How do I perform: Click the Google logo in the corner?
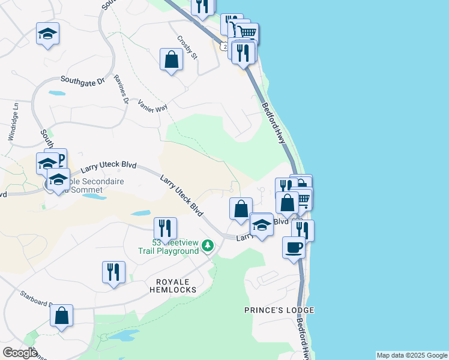click(x=20, y=353)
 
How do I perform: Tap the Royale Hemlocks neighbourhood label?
click(x=173, y=286)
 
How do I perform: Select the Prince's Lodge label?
click(x=279, y=310)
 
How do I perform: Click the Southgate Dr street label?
click(x=83, y=79)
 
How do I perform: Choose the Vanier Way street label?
click(x=152, y=105)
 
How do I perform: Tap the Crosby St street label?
click(x=187, y=48)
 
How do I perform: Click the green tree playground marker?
click(x=208, y=245)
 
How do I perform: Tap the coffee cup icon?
click(x=294, y=247)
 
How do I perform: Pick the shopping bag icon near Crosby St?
click(x=172, y=59)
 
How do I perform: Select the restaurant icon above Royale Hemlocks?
click(x=113, y=272)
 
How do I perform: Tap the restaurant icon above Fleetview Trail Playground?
click(x=164, y=228)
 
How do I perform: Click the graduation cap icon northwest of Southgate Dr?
click(x=47, y=34)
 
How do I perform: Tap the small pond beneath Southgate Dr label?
click(x=57, y=94)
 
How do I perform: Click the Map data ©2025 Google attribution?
click(x=412, y=355)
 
